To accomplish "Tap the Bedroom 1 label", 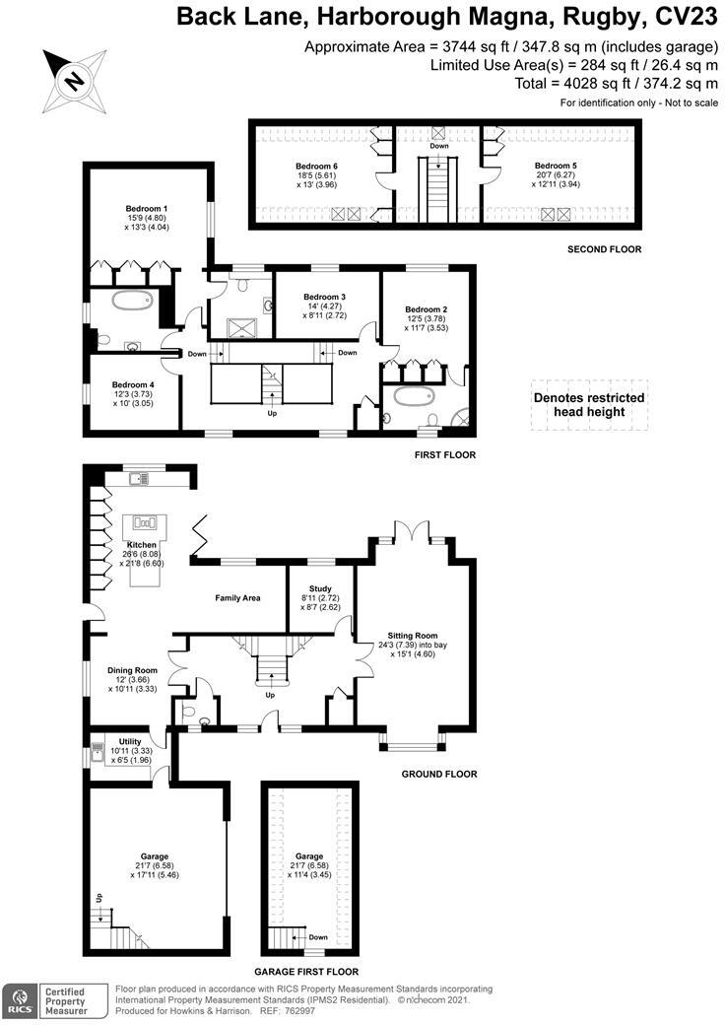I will (x=146, y=209).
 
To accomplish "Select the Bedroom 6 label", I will (x=316, y=166).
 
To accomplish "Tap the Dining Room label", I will (x=132, y=670).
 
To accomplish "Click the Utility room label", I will (x=130, y=741).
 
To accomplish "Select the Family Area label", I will (x=237, y=597).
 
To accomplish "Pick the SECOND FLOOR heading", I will (x=604, y=249).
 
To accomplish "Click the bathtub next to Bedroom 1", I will (x=128, y=302).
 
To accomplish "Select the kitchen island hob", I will (x=146, y=522).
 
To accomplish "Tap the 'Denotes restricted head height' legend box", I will (x=589, y=405).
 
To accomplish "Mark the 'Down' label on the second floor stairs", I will (x=438, y=146).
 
